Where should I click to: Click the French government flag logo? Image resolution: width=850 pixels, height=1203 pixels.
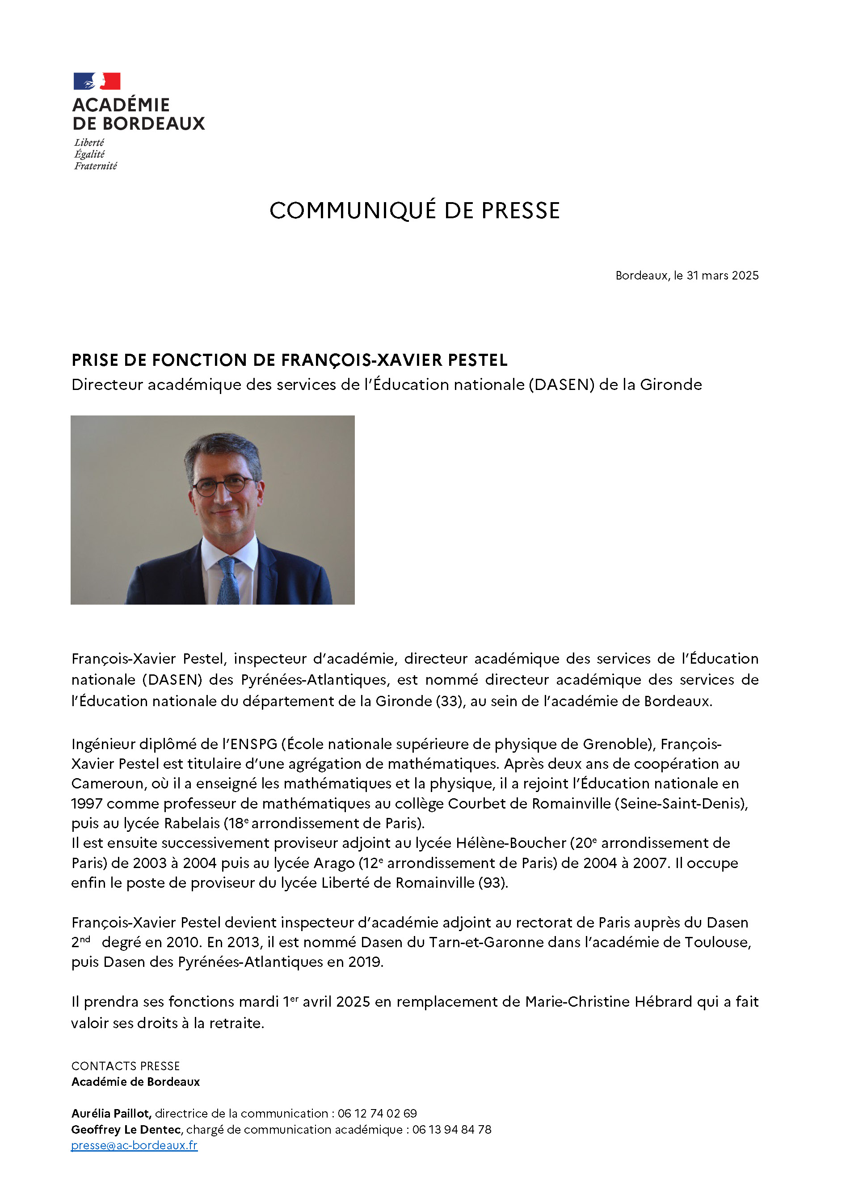coord(97,81)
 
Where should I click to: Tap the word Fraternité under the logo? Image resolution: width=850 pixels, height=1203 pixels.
coord(95,166)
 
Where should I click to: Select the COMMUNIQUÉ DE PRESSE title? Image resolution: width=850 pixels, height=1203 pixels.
coord(414,211)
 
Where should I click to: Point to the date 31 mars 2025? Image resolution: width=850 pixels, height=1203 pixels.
coord(722,275)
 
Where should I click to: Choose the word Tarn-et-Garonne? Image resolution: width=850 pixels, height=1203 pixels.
coord(488,942)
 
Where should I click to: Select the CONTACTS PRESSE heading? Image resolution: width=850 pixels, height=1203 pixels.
coord(126,1066)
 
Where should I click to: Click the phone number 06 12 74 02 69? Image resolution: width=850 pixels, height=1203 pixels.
coord(377,1114)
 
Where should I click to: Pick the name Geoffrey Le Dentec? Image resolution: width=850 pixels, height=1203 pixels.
coord(126,1129)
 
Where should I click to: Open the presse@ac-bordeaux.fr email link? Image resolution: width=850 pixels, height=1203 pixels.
coord(134,1145)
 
